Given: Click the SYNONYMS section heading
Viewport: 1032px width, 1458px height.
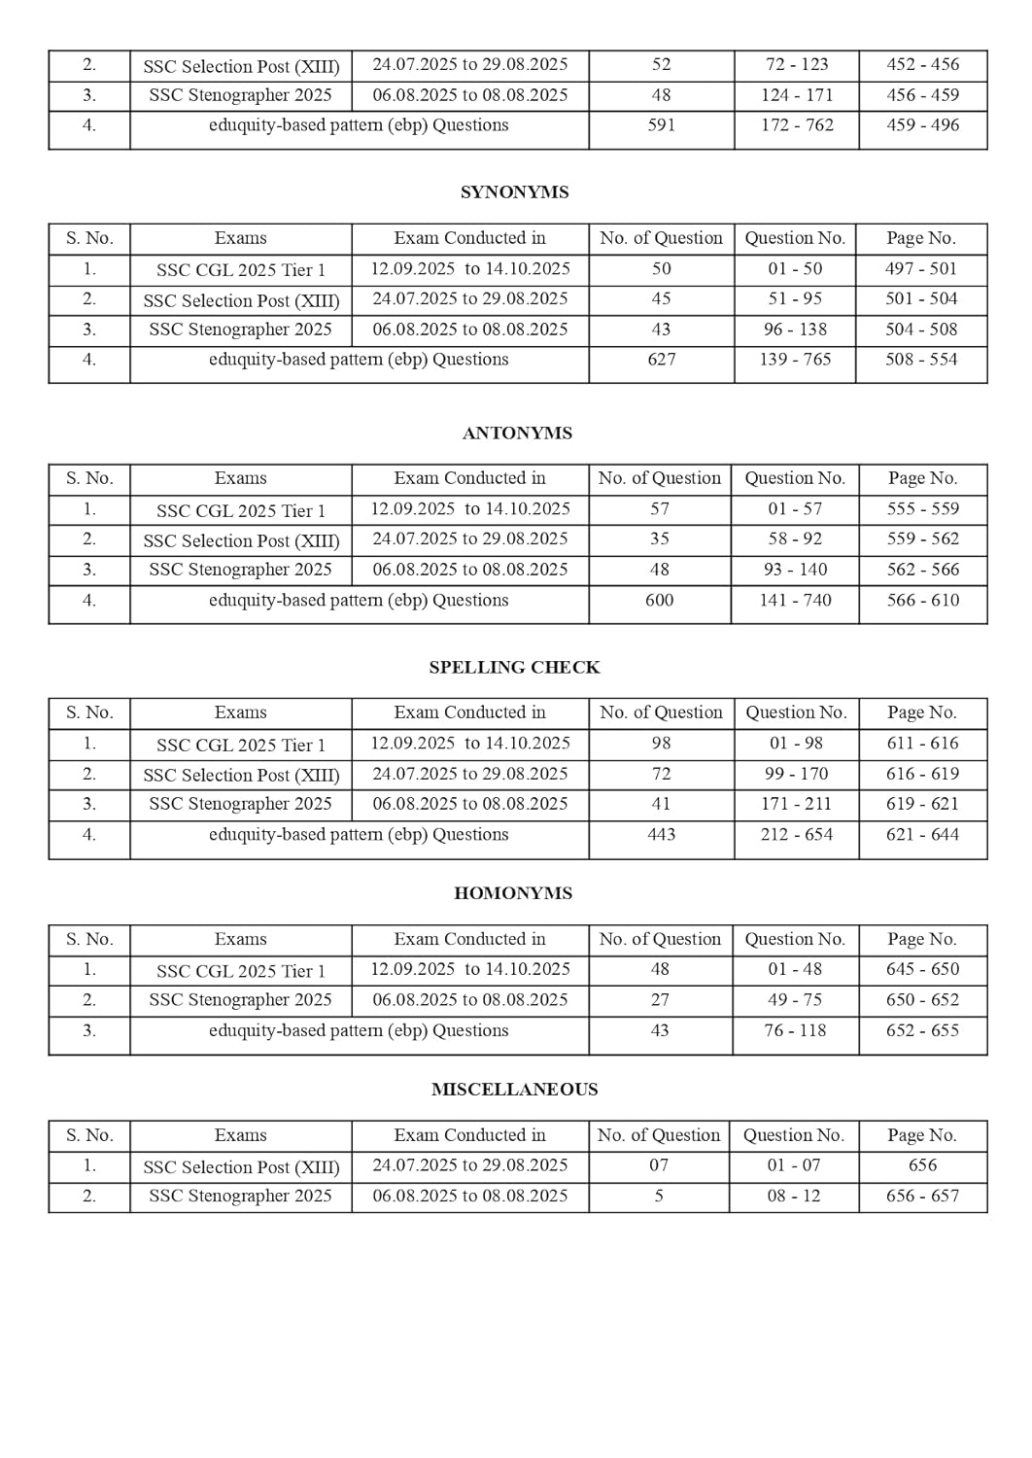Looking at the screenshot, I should coord(514,192).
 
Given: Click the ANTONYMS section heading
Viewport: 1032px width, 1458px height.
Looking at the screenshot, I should coord(517,434).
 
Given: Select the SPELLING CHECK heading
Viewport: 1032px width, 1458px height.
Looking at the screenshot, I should coord(514,668).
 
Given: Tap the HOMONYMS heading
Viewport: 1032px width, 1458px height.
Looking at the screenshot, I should coord(513,893).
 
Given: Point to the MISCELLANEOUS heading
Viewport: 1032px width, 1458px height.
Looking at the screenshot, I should coord(514,1090).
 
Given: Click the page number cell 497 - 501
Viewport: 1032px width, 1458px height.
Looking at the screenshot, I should coord(921,269).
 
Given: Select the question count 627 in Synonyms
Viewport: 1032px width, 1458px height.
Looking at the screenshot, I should coord(661,360).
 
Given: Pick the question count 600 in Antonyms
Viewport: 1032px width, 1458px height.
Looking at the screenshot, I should coord(659,601).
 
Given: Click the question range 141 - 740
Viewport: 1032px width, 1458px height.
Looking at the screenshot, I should coord(795,601).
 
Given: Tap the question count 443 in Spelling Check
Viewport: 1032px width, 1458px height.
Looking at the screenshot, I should coord(661,835).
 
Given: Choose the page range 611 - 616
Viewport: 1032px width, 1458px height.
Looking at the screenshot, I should coord(922,744).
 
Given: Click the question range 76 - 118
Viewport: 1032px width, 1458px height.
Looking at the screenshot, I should coord(795,1030).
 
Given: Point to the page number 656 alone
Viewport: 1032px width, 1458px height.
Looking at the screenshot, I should coord(922,1165).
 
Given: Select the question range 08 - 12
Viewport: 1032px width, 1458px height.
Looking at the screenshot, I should coord(794,1197).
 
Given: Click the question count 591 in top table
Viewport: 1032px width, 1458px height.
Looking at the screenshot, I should coord(661,125).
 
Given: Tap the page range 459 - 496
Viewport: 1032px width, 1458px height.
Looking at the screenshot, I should coord(922,125).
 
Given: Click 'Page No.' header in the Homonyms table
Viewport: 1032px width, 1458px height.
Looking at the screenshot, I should coord(922,940).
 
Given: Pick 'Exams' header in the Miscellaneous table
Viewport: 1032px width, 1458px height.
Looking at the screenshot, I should coord(240,1135).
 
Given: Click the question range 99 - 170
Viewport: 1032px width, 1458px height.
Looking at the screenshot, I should coord(796,775).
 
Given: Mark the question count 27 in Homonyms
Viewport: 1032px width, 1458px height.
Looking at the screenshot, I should coord(660,1000).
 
